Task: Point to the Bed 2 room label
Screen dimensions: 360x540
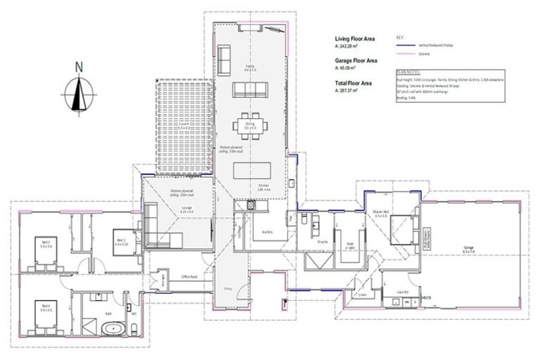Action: coord(121,240)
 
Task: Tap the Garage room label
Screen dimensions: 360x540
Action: coord(468,247)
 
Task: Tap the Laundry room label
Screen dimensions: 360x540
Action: coord(403,291)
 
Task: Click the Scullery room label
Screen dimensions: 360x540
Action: coord(266,231)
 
